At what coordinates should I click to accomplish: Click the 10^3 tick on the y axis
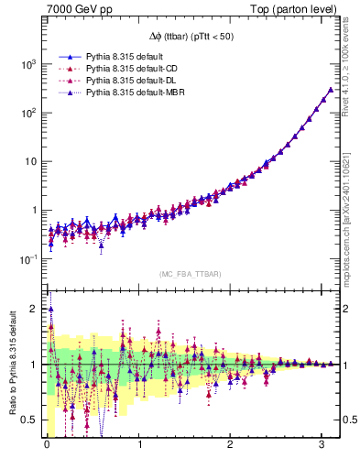(27, 64)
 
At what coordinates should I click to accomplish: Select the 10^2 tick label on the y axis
(27, 113)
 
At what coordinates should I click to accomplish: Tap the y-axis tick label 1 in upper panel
(32, 211)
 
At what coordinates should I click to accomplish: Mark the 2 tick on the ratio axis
(33, 309)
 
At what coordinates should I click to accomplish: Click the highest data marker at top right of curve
(330, 90)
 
